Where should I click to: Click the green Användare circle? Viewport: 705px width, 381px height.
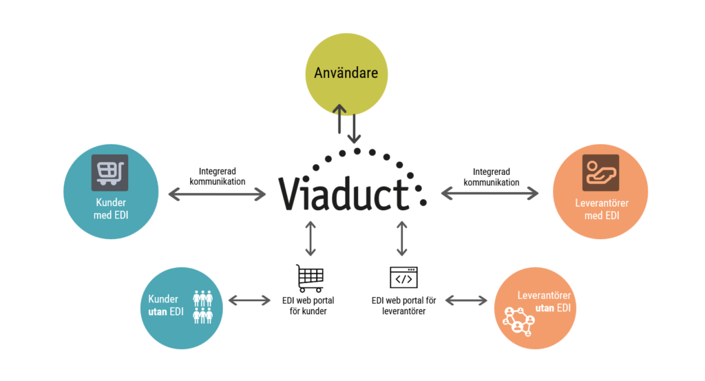346,73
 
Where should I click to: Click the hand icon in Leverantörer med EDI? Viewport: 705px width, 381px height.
600,172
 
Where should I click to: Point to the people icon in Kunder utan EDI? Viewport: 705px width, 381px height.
203,307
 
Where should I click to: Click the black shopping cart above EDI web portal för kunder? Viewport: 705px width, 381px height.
310,278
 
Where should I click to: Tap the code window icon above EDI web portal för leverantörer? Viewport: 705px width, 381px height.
403,278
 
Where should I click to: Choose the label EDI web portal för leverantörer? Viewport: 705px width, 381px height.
403,306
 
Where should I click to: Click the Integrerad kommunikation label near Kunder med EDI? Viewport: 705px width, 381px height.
216,176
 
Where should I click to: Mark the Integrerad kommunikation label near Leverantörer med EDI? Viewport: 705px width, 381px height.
491,176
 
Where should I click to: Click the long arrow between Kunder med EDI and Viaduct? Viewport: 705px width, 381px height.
217,195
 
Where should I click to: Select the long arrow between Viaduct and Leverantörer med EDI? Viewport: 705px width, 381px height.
490,195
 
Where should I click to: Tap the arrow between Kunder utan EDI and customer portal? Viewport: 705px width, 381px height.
249,300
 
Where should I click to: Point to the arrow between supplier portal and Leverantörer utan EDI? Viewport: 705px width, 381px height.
467,300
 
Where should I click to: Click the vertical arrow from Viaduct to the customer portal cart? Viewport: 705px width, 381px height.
311,238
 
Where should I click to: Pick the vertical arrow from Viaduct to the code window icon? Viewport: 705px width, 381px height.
403,238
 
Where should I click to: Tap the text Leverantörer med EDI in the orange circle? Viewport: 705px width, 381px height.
600,209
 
